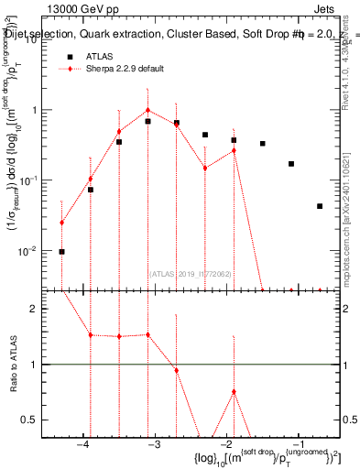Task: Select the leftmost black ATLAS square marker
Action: (62, 251)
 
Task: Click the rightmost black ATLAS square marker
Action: (320, 206)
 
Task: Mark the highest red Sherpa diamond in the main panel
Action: (147, 110)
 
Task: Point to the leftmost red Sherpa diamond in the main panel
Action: (62, 222)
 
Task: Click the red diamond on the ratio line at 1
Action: (176, 370)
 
